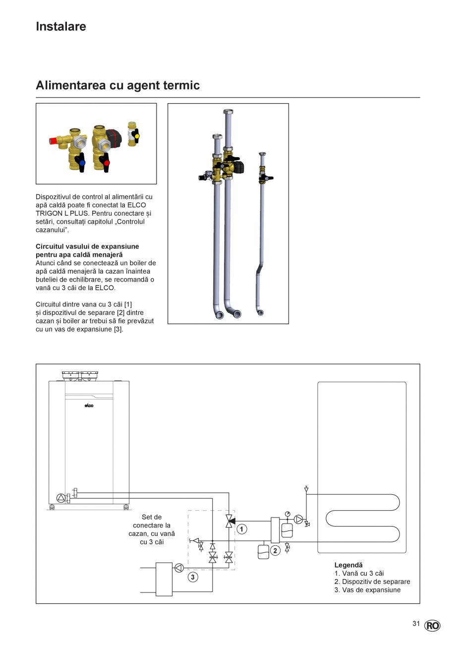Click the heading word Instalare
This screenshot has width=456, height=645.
pyautogui.click(x=61, y=27)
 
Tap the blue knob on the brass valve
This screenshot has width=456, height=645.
pyautogui.click(x=82, y=162)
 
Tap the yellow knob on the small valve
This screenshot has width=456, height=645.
pyautogui.click(x=137, y=135)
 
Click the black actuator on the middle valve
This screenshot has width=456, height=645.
pyautogui.click(x=114, y=135)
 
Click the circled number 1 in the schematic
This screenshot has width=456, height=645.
pyautogui.click(x=241, y=529)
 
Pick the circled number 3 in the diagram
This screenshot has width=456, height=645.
pyautogui.click(x=193, y=577)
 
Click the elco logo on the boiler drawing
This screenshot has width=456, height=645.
pyautogui.click(x=88, y=406)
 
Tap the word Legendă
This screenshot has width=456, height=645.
pyautogui.click(x=348, y=565)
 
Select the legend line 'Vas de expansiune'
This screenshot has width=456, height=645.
pyautogui.click(x=367, y=590)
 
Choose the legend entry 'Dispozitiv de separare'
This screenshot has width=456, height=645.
pyautogui.click(x=372, y=582)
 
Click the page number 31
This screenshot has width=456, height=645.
pyautogui.click(x=416, y=624)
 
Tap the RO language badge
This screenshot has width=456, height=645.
pyautogui.click(x=432, y=626)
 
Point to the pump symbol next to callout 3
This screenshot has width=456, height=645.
pyautogui.click(x=179, y=568)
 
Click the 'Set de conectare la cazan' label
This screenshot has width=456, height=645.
pyautogui.click(x=152, y=525)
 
